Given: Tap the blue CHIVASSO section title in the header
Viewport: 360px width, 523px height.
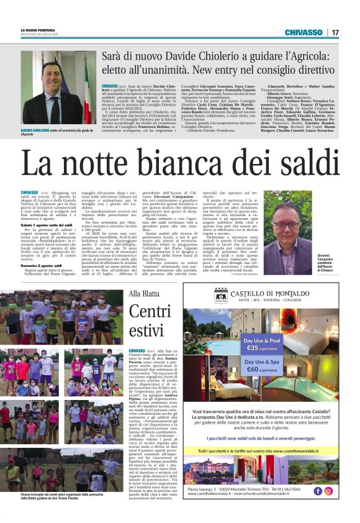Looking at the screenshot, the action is (304, 32).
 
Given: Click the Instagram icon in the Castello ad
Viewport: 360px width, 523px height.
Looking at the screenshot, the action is (329, 490).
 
